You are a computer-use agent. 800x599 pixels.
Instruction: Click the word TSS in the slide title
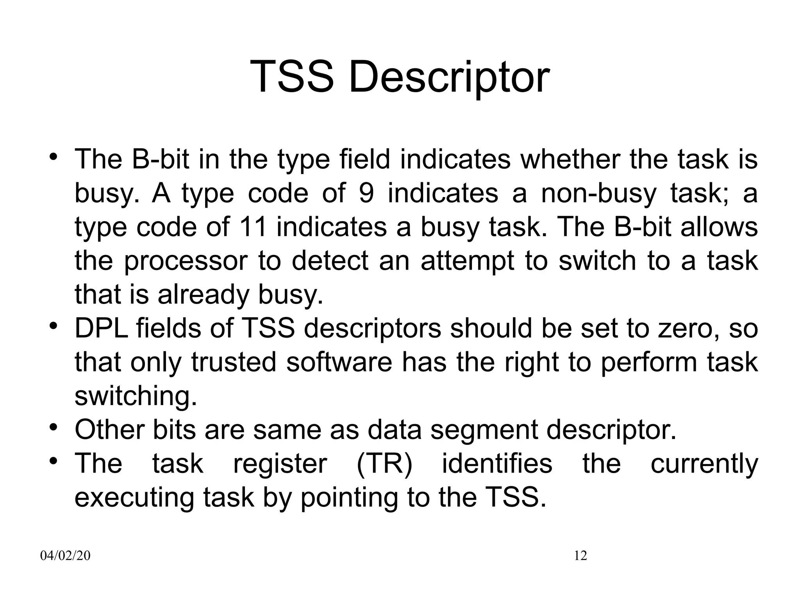(x=292, y=77)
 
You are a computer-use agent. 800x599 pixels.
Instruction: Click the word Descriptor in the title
(x=449, y=78)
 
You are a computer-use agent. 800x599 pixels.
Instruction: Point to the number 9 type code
(x=366, y=193)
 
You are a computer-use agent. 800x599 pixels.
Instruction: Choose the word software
(x=339, y=362)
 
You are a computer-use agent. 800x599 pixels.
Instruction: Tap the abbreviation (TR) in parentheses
(x=384, y=464)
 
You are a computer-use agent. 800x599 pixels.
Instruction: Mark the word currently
(x=704, y=464)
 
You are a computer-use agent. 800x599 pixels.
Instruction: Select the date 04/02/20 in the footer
(x=65, y=556)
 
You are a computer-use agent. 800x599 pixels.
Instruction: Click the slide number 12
(x=580, y=556)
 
